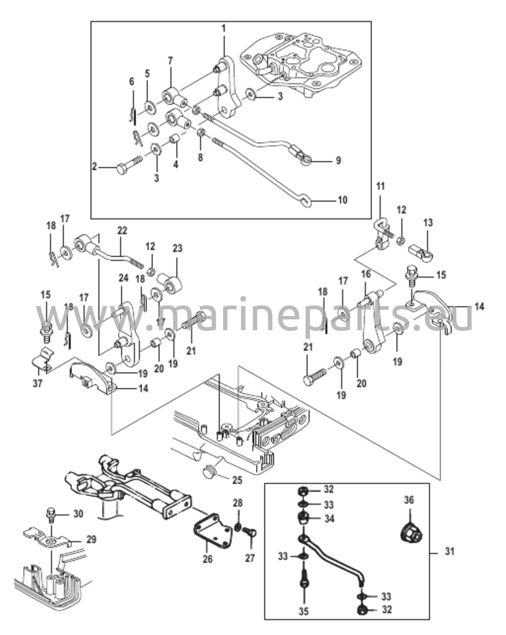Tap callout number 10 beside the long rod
point(343,200)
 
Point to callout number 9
point(338,160)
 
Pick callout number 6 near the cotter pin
point(132,82)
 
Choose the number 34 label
point(329,518)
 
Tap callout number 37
point(38,384)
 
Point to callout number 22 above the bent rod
point(122,231)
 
